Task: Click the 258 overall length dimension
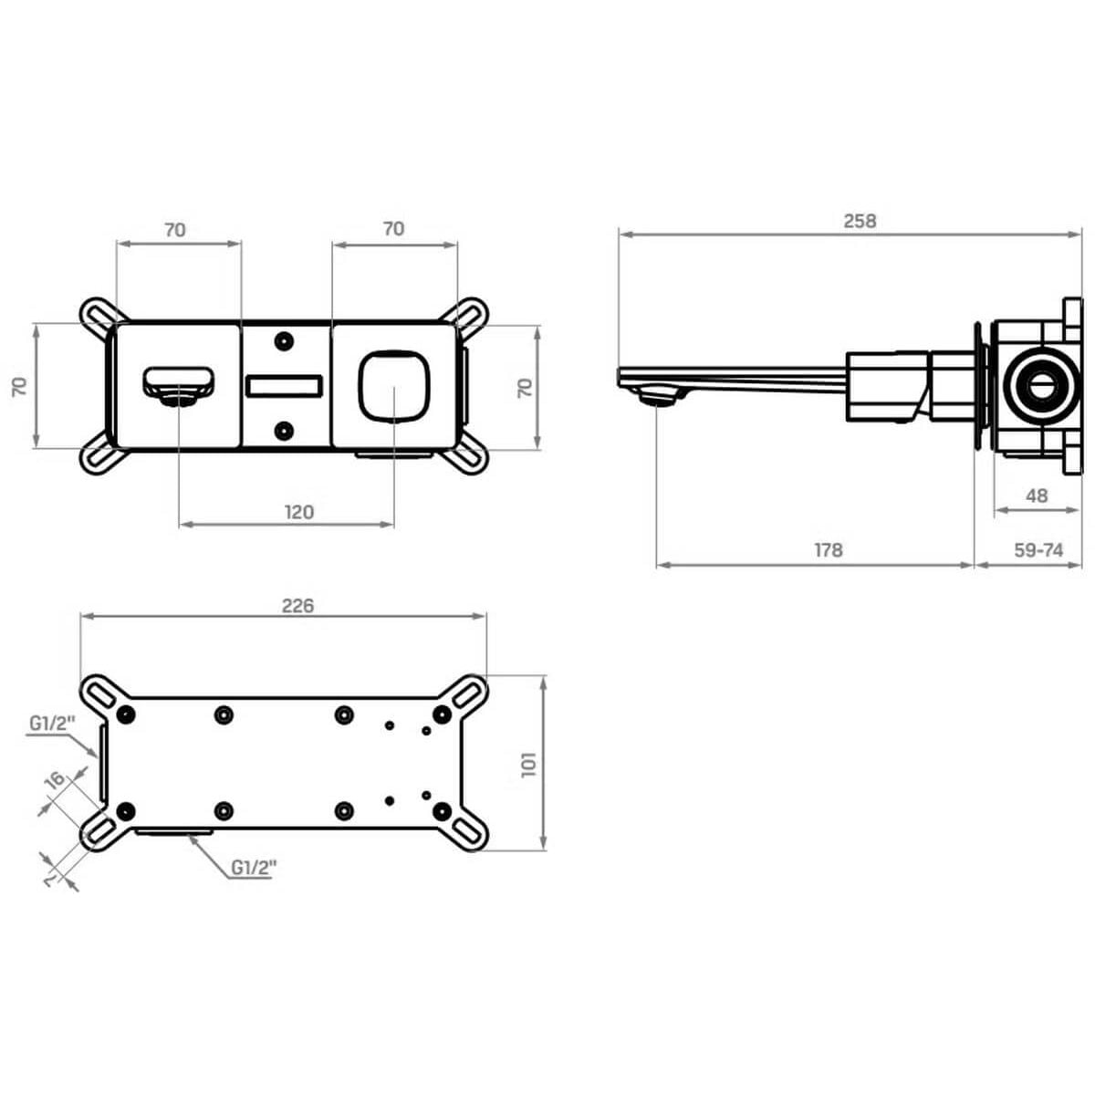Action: tap(860, 221)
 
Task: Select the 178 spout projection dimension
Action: tap(828, 550)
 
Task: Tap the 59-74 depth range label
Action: tap(1038, 550)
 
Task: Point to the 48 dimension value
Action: tap(1037, 495)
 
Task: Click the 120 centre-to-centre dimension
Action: tap(299, 512)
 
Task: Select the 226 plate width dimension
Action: tap(297, 606)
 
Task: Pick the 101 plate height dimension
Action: tap(528, 765)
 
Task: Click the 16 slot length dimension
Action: tap(56, 779)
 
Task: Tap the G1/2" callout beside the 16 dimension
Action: tap(52, 724)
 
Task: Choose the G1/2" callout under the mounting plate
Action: tap(254, 867)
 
